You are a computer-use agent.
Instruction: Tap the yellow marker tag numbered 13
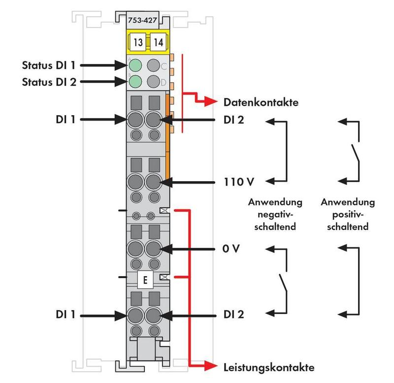[x=138, y=42]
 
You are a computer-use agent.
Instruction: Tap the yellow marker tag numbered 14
[x=158, y=42]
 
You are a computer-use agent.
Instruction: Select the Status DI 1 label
[x=49, y=64]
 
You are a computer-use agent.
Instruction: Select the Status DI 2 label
[x=49, y=81]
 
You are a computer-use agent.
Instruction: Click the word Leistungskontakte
[x=268, y=367]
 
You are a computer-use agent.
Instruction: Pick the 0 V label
[x=231, y=248]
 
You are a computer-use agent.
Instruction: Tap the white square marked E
[x=145, y=281]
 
